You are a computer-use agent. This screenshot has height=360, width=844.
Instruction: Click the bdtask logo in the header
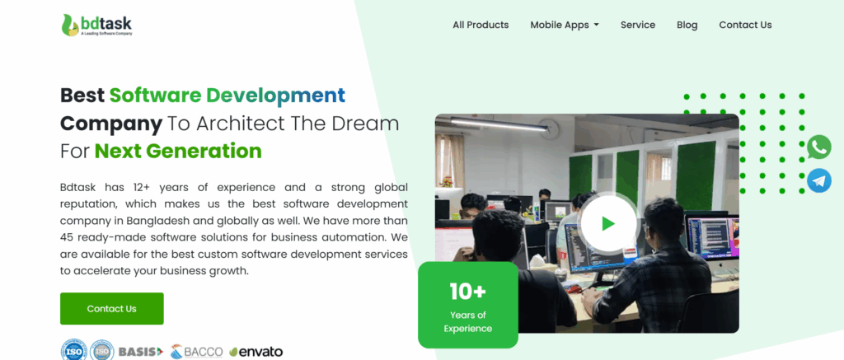click(96, 26)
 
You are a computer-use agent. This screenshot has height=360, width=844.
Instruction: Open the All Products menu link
click(481, 25)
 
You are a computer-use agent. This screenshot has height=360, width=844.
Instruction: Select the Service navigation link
click(638, 25)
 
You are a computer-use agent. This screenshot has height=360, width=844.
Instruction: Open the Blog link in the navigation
click(687, 25)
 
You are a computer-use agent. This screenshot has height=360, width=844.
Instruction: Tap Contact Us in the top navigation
click(745, 25)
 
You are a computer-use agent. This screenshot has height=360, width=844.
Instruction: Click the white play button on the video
click(608, 223)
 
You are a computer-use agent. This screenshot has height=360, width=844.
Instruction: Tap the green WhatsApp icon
click(818, 147)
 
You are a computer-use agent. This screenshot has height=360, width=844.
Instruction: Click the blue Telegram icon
click(818, 180)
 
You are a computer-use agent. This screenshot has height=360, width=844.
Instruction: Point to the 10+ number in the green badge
click(467, 291)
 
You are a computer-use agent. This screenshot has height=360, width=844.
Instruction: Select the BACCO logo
click(197, 352)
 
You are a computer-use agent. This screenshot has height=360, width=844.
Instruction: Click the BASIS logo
click(141, 352)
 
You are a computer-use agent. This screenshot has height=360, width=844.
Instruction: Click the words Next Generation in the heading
click(178, 151)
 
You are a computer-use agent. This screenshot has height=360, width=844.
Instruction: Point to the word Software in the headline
click(157, 95)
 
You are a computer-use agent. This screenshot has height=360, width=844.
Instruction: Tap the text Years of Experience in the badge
click(467, 321)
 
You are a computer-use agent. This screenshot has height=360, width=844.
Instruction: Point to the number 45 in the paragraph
click(68, 236)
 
